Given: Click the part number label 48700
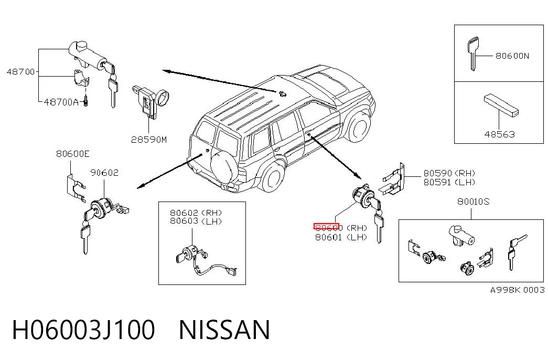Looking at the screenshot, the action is [20, 72].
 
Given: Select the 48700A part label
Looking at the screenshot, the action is [61, 102].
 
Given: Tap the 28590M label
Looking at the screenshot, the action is [149, 140].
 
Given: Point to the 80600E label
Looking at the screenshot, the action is [73, 154].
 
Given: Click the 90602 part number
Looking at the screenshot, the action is [104, 173].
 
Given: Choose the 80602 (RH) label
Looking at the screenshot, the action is [196, 213].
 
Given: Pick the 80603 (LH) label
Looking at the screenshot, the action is [196, 221].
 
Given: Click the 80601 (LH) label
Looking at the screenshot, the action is [341, 237].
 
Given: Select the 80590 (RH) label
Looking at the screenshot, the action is [449, 173].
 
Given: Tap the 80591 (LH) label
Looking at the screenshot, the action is [449, 182].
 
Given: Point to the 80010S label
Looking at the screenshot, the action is [473, 202].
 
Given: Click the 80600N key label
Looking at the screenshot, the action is [512, 56].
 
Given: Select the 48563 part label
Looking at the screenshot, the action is [499, 134].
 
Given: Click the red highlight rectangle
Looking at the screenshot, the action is [326, 226].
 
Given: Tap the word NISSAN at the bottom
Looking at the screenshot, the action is [224, 330].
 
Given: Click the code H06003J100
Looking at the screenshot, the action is [83, 330].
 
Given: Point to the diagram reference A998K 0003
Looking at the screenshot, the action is [517, 290].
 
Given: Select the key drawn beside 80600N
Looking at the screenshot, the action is [472, 54].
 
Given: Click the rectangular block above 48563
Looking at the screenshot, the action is [501, 105].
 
